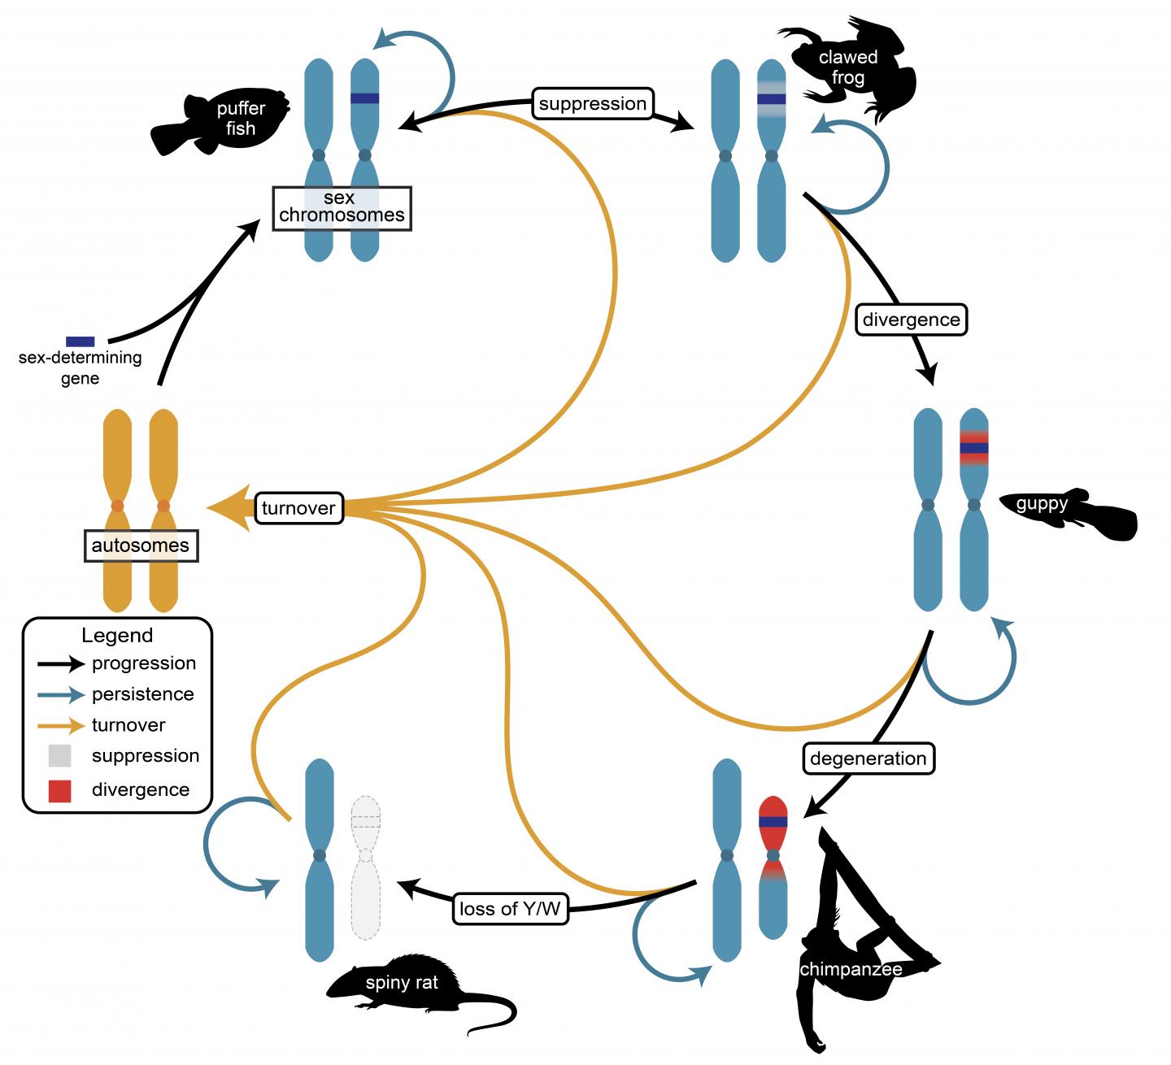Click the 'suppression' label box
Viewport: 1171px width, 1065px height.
click(x=592, y=104)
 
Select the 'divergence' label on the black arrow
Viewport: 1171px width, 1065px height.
click(x=911, y=319)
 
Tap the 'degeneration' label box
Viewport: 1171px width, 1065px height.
click(x=868, y=759)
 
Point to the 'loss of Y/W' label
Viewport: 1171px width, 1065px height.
click(x=510, y=909)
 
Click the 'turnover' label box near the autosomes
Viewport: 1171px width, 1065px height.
click(x=298, y=508)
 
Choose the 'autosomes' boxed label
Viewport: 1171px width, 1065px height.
click(x=141, y=545)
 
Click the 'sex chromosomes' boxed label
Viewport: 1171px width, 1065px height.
click(x=342, y=207)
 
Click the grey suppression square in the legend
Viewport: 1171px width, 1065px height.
click(x=60, y=756)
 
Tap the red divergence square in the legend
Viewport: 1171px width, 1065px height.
click(x=60, y=790)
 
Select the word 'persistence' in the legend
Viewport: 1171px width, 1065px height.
click(x=142, y=694)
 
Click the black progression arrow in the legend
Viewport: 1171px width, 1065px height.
click(x=61, y=664)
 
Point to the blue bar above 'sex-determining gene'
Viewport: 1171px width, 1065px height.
click(x=80, y=341)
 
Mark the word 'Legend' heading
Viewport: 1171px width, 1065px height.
click(x=117, y=636)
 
